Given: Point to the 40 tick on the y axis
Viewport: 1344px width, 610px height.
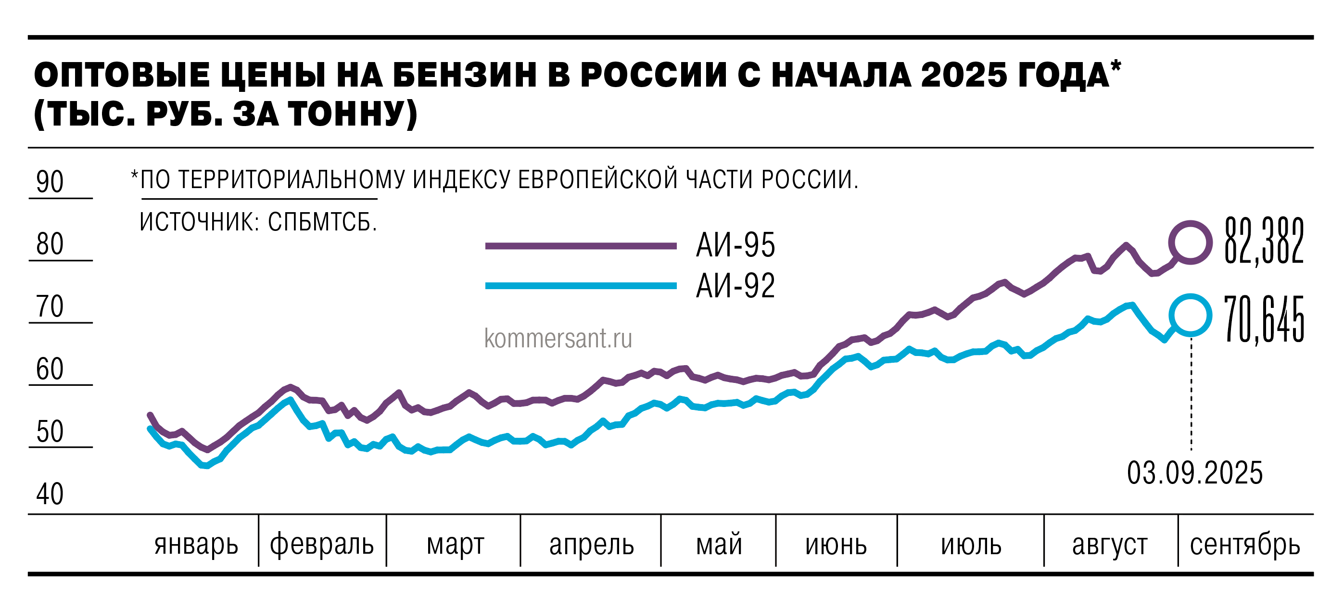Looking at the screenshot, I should (x=50, y=494).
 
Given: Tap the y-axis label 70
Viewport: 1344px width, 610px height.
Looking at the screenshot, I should (x=50, y=306).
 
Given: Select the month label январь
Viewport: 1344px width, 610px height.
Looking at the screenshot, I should (x=196, y=545).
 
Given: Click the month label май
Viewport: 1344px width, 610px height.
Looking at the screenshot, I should (x=719, y=545).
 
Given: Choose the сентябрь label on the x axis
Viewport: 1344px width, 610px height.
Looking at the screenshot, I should (x=1244, y=545).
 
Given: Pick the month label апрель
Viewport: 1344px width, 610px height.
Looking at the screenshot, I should (x=591, y=545).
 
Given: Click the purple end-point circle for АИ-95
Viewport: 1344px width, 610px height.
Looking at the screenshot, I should (x=1190, y=242).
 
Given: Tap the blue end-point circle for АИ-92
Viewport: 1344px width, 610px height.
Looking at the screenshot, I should (x=1190, y=315).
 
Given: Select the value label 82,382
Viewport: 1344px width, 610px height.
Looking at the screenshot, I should (x=1264, y=241).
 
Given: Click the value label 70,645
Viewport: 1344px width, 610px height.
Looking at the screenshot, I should (x=1264, y=319).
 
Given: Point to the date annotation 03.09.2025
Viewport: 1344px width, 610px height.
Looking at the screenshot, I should (x=1195, y=473).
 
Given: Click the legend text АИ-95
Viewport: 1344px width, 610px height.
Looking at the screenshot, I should (x=735, y=245).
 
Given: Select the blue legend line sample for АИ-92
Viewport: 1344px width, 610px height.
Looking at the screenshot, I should (x=581, y=285).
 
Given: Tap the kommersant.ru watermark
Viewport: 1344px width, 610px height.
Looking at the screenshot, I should (x=558, y=338).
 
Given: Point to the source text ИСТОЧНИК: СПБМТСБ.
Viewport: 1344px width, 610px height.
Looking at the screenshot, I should (x=258, y=222).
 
